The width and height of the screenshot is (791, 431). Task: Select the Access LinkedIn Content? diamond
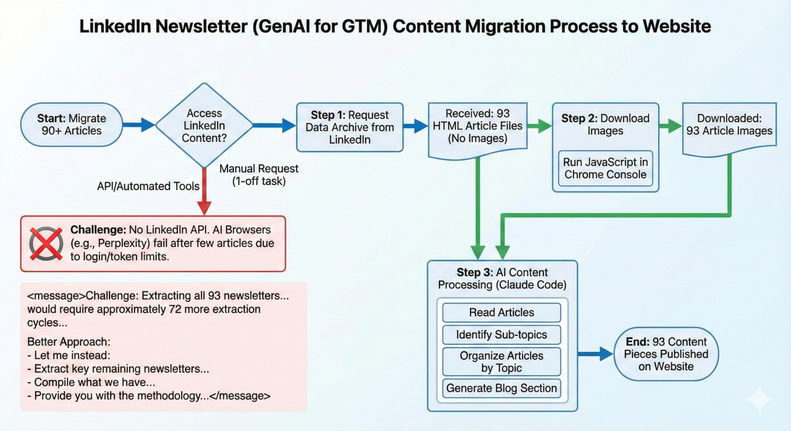(x=204, y=125)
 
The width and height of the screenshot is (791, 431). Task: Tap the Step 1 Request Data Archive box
(x=349, y=128)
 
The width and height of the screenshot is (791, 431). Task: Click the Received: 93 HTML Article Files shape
(x=477, y=126)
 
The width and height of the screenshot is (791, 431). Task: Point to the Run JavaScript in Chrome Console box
(x=605, y=168)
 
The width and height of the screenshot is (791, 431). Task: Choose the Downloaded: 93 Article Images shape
(x=729, y=125)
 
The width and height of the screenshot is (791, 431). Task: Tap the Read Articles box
(x=501, y=312)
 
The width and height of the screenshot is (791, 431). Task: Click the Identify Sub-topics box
(x=501, y=335)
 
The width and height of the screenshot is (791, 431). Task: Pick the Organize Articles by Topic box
(x=501, y=362)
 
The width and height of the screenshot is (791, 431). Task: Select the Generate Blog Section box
(x=501, y=388)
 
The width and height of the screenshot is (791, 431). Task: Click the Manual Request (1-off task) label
(x=259, y=174)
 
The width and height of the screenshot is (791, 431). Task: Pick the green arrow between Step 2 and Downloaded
(x=671, y=126)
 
